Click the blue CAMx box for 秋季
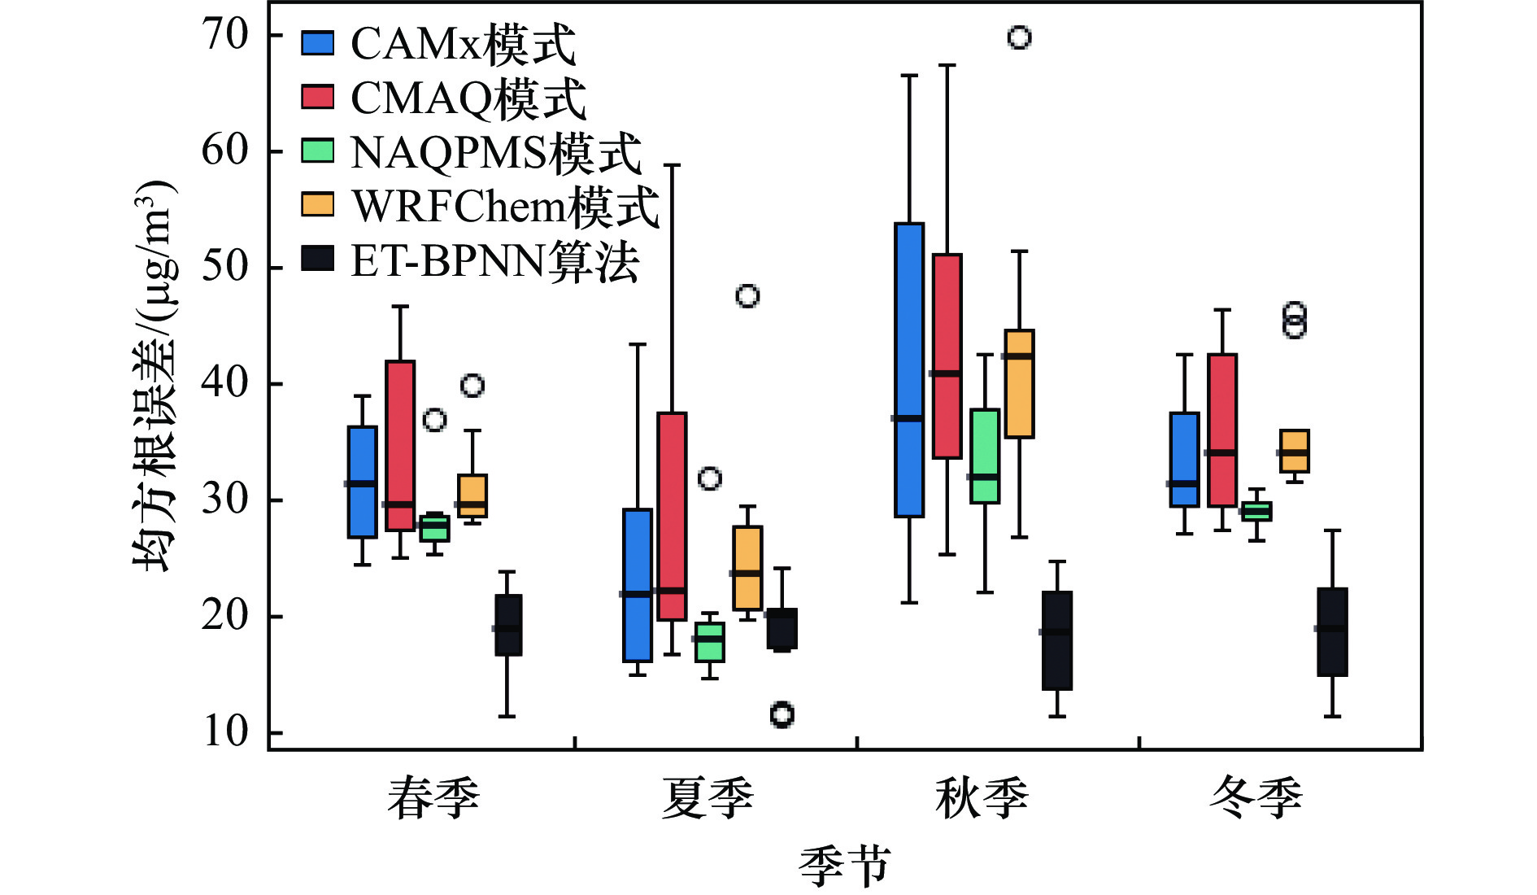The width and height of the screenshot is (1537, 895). pyautogui.click(x=909, y=370)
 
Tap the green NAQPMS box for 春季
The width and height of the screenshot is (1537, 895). pyautogui.click(x=434, y=528)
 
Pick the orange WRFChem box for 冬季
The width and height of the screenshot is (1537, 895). pyautogui.click(x=1294, y=451)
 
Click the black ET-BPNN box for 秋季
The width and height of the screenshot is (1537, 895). pyautogui.click(x=1057, y=640)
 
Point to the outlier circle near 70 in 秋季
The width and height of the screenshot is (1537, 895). pyautogui.click(x=1019, y=37)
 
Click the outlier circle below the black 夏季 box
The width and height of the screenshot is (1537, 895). pyautogui.click(x=782, y=714)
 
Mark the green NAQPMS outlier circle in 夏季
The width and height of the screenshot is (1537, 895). pyautogui.click(x=710, y=478)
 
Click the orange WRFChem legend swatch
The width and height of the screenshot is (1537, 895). pyautogui.click(x=317, y=205)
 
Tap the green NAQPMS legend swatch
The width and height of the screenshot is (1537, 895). pyautogui.click(x=317, y=151)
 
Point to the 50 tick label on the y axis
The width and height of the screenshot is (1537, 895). pyautogui.click(x=225, y=267)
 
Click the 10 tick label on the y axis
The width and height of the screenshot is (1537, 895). pyautogui.click(x=225, y=731)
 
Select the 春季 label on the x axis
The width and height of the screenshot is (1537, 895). pyautogui.click(x=433, y=798)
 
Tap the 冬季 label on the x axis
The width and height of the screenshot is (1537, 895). pyautogui.click(x=1256, y=798)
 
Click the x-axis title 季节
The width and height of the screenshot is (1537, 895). pyautogui.click(x=844, y=866)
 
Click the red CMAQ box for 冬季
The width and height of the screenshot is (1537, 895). pyautogui.click(x=1222, y=430)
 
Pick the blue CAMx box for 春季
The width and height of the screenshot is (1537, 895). pyautogui.click(x=362, y=482)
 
